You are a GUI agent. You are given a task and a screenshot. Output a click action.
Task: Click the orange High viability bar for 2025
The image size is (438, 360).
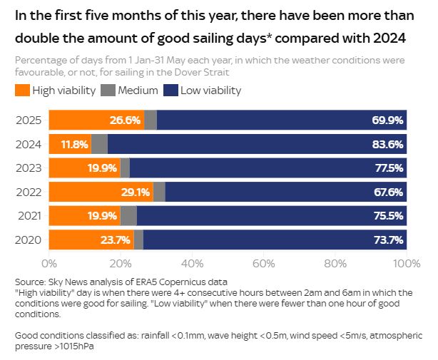[x=96, y=120]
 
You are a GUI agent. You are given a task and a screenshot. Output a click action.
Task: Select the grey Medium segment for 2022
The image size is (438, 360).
[x=159, y=192]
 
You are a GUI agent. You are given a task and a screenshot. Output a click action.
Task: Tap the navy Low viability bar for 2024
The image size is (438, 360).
[x=257, y=144]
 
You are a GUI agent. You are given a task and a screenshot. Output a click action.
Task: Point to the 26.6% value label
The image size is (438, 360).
[x=126, y=120]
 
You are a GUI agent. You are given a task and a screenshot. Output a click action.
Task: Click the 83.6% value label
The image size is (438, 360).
[x=388, y=144]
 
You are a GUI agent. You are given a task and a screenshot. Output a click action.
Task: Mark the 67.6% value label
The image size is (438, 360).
[x=388, y=192]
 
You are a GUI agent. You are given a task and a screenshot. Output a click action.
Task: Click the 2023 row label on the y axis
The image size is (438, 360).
[x=29, y=168]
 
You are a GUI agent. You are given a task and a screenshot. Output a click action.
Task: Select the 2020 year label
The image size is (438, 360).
[x=29, y=240]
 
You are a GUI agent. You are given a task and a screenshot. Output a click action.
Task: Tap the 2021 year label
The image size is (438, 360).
[x=29, y=215]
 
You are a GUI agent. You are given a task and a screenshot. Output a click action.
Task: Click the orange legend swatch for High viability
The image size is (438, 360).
[x=22, y=91]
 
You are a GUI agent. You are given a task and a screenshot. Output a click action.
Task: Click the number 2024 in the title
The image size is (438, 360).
[x=385, y=37]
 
